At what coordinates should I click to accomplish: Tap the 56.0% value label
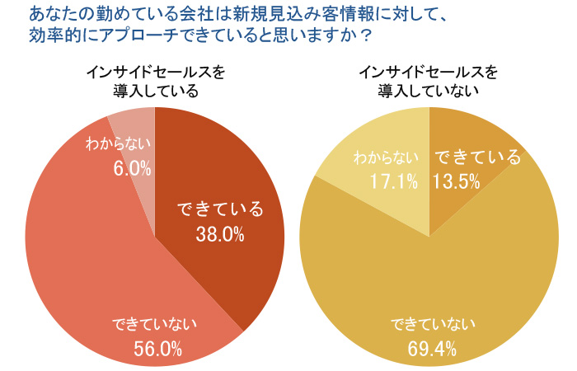tap(157, 349)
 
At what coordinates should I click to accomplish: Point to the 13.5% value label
tap(457, 181)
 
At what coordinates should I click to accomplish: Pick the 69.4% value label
tap(432, 349)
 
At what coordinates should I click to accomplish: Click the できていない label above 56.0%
tap(157, 322)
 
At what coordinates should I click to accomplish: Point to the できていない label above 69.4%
tap(432, 322)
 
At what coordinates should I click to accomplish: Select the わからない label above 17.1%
tap(386, 157)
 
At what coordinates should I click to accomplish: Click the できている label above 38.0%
tap(221, 209)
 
